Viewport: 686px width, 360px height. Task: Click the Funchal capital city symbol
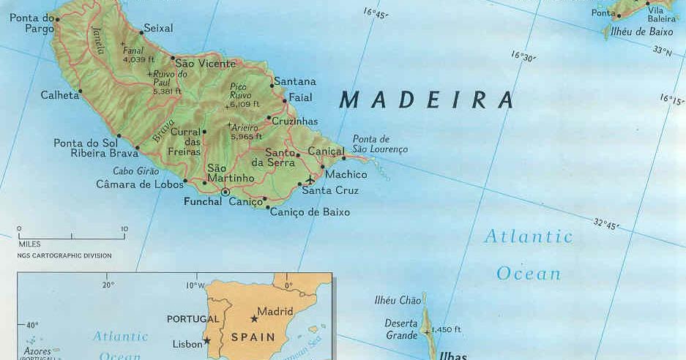click(x=225, y=192)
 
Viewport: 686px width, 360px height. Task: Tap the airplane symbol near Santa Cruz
click(x=310, y=179)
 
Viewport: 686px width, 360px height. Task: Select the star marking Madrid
click(x=254, y=319)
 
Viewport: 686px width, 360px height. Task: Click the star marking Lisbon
click(x=207, y=340)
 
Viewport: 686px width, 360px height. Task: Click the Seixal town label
click(x=159, y=28)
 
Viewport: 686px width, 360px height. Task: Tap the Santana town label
click(x=294, y=81)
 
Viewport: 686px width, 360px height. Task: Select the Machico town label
click(x=346, y=175)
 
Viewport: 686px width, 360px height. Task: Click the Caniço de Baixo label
click(x=310, y=212)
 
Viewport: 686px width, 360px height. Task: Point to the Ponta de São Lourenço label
click(x=380, y=144)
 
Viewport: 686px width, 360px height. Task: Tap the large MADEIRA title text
click(x=427, y=100)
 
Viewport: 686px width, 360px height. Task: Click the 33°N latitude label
click(x=663, y=51)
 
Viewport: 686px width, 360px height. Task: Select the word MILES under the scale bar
click(x=30, y=244)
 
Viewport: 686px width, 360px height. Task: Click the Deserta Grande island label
click(x=401, y=330)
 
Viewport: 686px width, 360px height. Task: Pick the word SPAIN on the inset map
click(x=253, y=338)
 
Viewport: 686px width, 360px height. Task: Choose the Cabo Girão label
click(x=136, y=171)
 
